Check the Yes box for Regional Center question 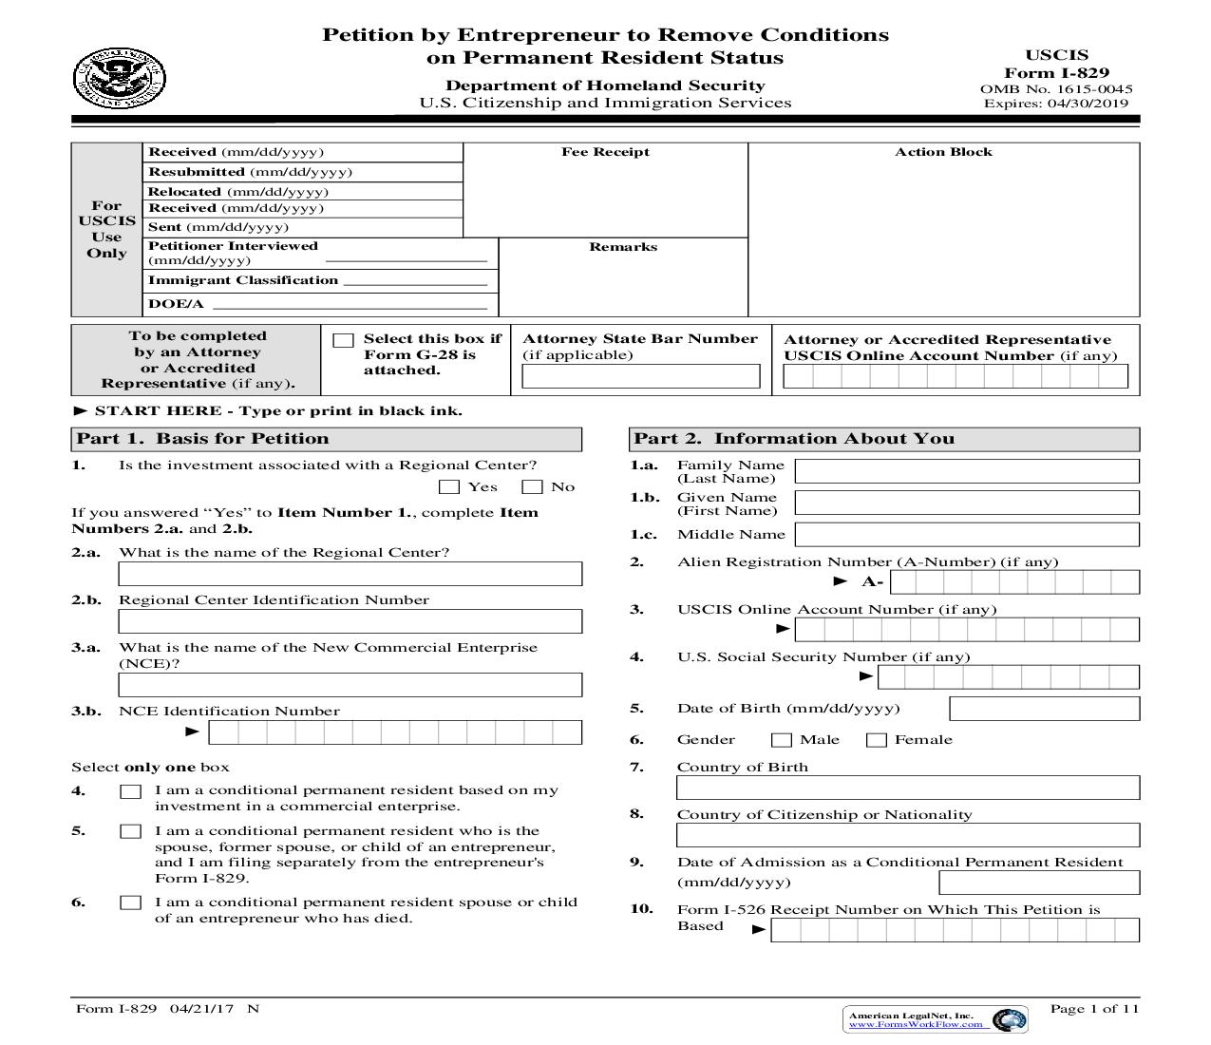point(450,487)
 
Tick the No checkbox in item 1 point(533,487)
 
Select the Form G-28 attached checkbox point(344,340)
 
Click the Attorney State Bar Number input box point(641,376)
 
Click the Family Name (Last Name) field point(966,471)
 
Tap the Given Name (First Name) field point(966,503)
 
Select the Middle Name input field point(966,534)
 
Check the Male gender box point(782,740)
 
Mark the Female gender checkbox point(877,740)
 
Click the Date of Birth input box point(1044,709)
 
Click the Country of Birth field point(907,788)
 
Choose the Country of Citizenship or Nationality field point(907,835)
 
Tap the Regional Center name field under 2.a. point(350,574)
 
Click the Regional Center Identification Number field point(350,621)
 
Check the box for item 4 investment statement point(130,791)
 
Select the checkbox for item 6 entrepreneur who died point(130,902)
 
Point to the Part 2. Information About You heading point(794,439)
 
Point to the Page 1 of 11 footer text point(1093,1009)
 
